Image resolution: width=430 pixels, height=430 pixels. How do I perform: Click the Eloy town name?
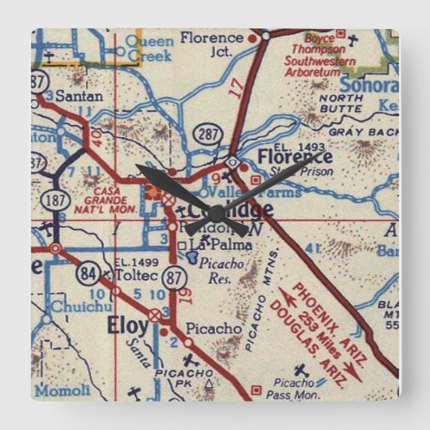click(128, 326)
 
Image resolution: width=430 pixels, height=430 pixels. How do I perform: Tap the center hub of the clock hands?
click(215, 207)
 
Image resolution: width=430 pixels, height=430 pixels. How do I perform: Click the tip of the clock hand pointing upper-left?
click(137, 166)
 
